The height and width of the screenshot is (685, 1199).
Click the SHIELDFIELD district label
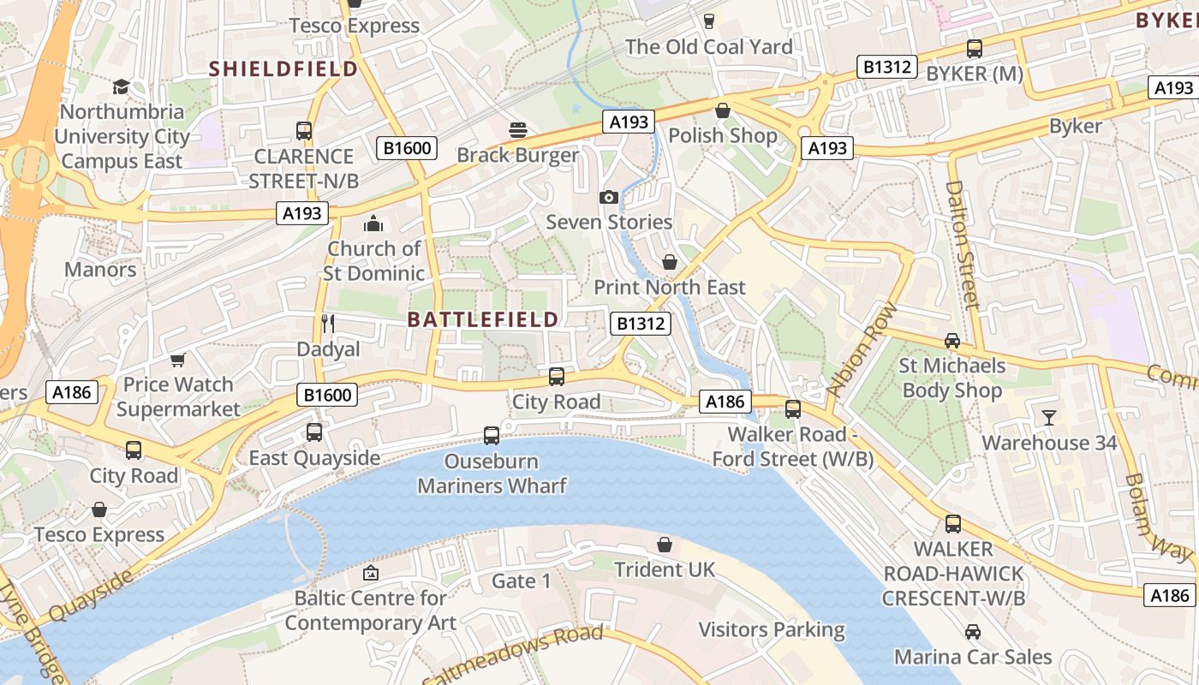click(x=283, y=68)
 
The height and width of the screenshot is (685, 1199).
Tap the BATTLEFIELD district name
click(x=483, y=319)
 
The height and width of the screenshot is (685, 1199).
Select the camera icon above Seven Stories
click(x=609, y=198)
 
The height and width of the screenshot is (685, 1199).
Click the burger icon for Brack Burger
click(x=517, y=130)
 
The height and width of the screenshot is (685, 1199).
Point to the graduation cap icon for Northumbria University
click(x=121, y=87)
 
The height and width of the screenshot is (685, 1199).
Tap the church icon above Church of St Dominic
click(x=373, y=224)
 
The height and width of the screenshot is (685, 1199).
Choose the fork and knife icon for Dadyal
click(x=328, y=324)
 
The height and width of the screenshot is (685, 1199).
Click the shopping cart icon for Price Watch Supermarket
click(x=178, y=360)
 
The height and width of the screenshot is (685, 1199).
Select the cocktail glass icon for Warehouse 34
click(x=1049, y=418)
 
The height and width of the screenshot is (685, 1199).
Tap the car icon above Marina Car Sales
click(x=973, y=632)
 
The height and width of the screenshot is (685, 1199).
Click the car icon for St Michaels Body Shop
click(x=951, y=341)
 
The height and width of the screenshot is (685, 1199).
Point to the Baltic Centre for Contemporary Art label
click(x=370, y=610)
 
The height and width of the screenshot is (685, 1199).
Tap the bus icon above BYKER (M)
click(x=975, y=49)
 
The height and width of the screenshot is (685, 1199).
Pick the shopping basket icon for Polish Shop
click(x=723, y=110)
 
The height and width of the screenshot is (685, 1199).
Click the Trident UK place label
click(x=665, y=569)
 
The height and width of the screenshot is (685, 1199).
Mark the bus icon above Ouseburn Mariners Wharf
click(x=492, y=436)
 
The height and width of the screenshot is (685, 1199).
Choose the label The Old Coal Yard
click(x=708, y=47)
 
